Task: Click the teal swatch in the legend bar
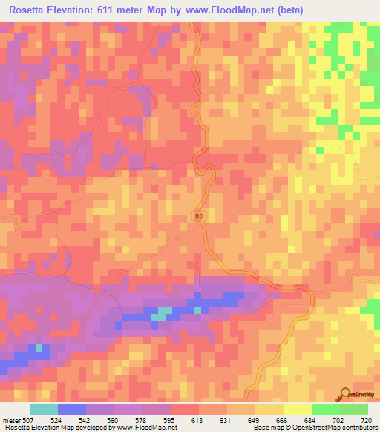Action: [44, 409]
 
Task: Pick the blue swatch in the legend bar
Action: [72, 409]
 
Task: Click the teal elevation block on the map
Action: [160, 313]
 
